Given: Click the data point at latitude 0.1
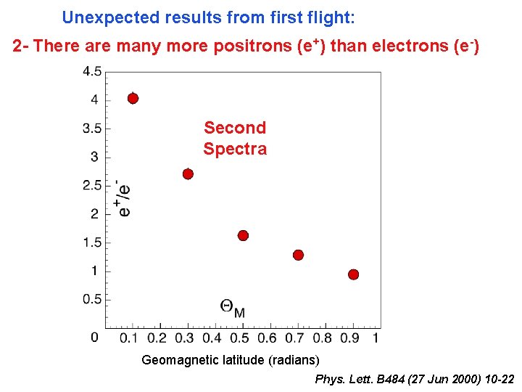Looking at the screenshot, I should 133,98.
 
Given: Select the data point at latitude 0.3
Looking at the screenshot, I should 188,173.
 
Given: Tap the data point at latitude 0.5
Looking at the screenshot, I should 243,235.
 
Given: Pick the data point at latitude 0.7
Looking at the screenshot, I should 298,255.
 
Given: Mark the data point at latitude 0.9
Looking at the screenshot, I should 353,274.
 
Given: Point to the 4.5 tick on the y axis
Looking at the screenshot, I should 92,71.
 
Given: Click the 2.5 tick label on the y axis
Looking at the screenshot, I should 92,185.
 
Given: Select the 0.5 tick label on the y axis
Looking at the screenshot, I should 92,299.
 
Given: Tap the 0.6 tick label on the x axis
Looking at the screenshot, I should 267,338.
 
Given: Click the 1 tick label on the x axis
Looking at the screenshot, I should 376,338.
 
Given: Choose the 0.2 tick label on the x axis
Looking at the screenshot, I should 157,338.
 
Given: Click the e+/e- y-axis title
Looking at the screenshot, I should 124,198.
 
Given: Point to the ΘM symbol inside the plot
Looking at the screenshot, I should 232,308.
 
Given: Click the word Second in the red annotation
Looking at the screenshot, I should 235,128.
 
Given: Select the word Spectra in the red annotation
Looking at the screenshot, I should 235,149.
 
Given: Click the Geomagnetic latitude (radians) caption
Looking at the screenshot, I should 230,360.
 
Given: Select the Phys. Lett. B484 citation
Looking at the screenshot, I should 415,380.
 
